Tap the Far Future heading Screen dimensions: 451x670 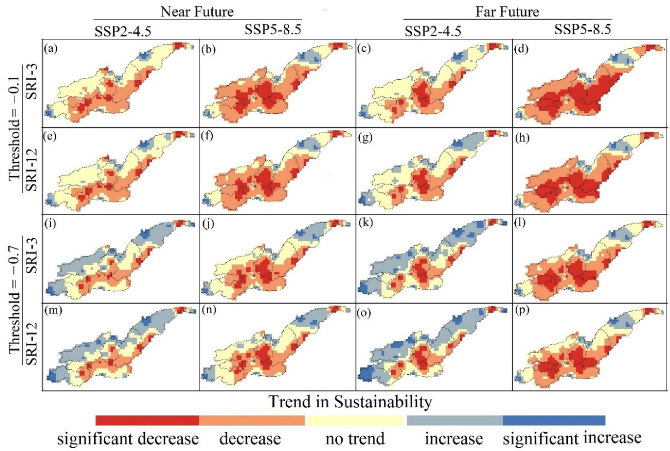click(507, 12)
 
